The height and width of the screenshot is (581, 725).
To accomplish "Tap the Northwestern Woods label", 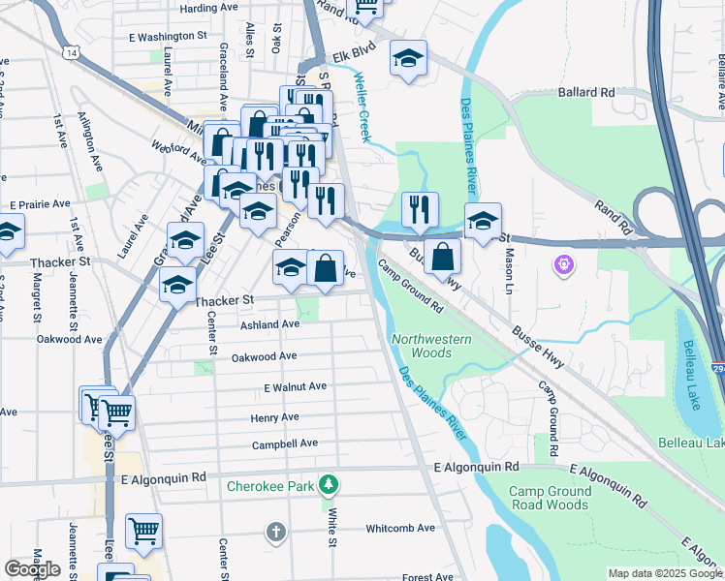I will point(431,346).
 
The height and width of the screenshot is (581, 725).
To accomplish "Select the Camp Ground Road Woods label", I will point(549,498).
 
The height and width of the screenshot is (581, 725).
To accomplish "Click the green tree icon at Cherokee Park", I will point(330,483).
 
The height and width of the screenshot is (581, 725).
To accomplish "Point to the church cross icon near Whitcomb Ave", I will point(276,532).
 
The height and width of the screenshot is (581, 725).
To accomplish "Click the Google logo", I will point(33,569).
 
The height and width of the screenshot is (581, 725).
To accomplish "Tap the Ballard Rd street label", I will point(586,93).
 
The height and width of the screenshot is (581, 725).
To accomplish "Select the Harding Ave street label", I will point(208,8).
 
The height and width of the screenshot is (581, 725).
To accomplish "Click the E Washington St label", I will point(168,37).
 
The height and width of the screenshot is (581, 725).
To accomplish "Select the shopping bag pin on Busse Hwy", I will point(442,257).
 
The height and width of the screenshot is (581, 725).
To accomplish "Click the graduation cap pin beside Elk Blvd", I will point(408,59).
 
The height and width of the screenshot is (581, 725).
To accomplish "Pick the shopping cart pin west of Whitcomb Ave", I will point(143,530).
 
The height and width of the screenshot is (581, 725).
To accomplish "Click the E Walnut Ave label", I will point(295,386).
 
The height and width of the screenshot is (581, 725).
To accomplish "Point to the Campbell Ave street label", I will point(285,443).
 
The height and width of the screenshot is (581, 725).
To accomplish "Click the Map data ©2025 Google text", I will point(665,573).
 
